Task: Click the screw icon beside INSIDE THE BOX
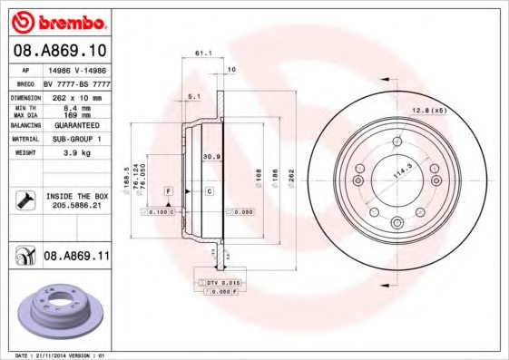26,200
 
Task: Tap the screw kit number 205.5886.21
75,206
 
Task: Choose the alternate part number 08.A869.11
76,258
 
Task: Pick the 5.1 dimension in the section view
192,95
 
